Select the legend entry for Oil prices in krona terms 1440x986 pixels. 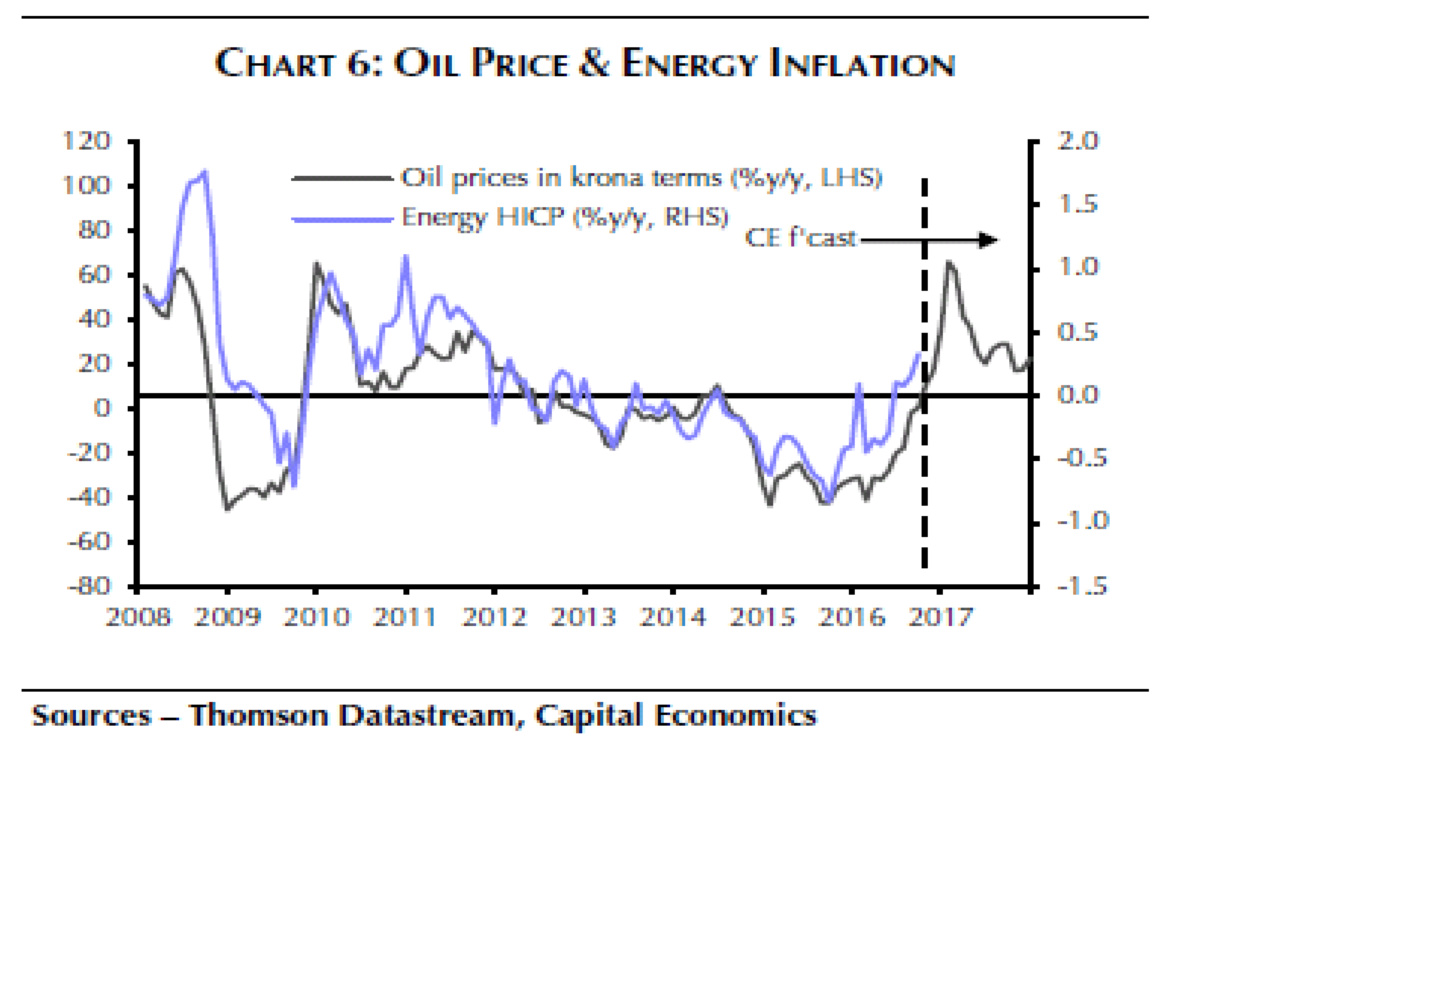pyautogui.click(x=641, y=178)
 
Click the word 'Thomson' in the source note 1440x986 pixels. pyautogui.click(x=258, y=716)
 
